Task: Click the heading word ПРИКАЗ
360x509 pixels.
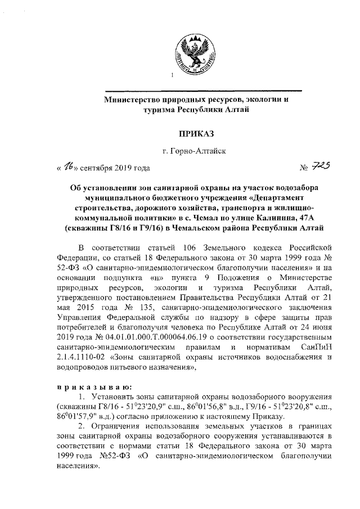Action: tap(195, 133)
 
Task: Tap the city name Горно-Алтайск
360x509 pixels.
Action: tap(194, 151)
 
